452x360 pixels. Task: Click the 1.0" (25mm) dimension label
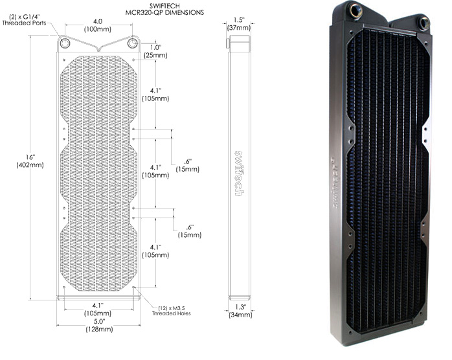153,52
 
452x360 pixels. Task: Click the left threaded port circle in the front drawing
65,43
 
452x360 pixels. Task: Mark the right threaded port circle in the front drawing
133,43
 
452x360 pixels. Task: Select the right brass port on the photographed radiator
424,21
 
